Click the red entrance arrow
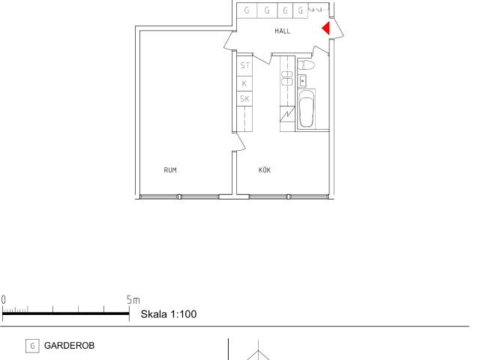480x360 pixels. coord(326,28)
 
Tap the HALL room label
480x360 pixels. coord(282,31)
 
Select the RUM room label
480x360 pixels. coord(170,170)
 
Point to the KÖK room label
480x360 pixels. coord(265,169)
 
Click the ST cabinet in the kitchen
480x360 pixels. coord(244,65)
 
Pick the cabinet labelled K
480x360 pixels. coord(244,83)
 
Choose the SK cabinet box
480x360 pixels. coord(244,99)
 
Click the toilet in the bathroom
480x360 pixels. coord(306,65)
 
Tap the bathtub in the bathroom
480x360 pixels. coord(307,108)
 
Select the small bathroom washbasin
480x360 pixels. coord(302,81)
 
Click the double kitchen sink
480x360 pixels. coord(287,78)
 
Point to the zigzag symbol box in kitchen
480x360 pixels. coord(287,114)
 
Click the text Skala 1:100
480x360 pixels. coord(169,314)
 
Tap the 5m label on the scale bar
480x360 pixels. coord(133,300)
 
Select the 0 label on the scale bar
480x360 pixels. coord(3,300)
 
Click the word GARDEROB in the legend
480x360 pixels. coord(70,346)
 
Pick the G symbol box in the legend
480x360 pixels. coord(32,346)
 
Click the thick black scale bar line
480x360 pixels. coord(66,313)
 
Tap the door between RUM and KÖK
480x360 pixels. coord(238,142)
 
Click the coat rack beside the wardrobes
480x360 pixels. coord(317,10)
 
